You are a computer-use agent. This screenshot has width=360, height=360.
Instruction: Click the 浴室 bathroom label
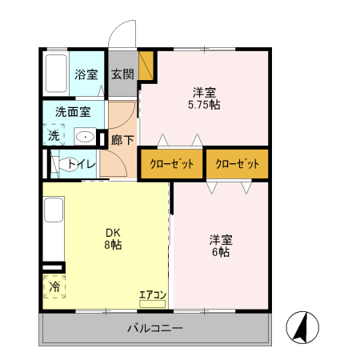tap(86, 75)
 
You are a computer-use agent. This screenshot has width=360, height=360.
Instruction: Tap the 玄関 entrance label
tap(122, 75)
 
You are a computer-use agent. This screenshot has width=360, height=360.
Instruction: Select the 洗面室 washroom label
tap(73, 112)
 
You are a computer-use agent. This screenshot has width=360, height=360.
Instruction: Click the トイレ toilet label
tap(82, 164)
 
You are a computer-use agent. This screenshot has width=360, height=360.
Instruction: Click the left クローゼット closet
tap(171, 164)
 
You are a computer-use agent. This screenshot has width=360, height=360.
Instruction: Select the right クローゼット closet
tap(237, 164)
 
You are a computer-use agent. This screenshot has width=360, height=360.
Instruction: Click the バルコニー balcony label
tap(155, 328)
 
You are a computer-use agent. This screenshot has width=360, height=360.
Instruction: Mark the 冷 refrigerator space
tap(54, 286)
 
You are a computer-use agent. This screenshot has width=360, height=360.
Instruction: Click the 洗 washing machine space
tap(54, 136)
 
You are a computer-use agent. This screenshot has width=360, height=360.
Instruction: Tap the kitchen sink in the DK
tap(53, 211)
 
